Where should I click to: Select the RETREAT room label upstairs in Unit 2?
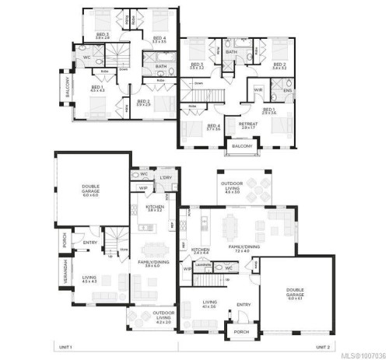click(249, 123)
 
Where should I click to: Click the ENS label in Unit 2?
click(286, 91)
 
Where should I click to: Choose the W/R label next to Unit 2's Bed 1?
click(259, 91)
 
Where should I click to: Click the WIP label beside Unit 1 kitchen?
click(144, 187)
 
